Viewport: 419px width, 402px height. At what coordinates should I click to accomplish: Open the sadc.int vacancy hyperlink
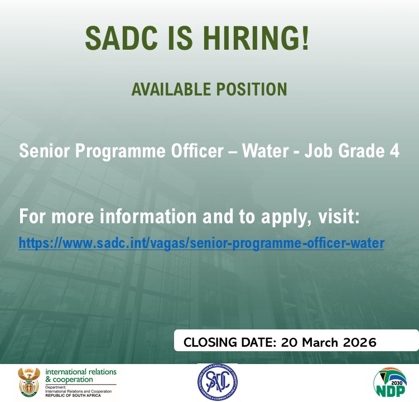201,243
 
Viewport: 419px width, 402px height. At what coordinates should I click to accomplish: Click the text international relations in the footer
80,371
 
